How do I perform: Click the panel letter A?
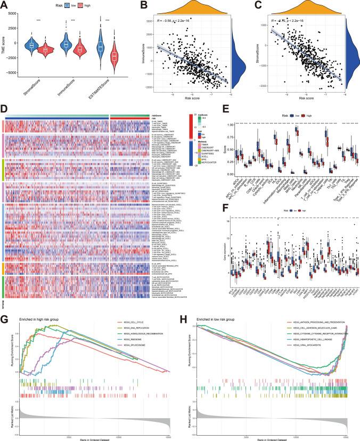click(6, 5)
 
